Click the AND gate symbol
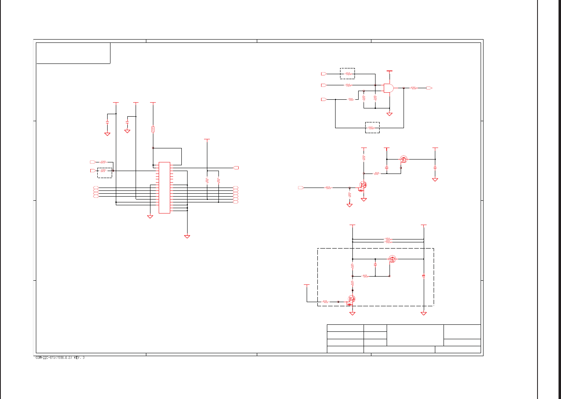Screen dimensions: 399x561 (388, 88)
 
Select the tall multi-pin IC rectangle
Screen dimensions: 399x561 (164, 188)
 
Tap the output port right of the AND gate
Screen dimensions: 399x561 (429, 88)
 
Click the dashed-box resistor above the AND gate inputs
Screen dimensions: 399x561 (347, 73)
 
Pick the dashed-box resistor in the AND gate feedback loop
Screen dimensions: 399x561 (372, 128)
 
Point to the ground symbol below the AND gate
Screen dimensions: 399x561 (389, 114)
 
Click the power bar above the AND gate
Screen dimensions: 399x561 (390, 71)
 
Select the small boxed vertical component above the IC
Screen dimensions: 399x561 (153, 129)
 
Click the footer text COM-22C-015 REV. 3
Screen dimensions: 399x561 (60, 358)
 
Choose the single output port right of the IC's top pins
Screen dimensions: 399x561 (236, 168)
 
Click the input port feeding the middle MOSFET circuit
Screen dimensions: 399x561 (301, 188)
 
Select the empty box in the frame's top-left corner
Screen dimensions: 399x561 (73, 53)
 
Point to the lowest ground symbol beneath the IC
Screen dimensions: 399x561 (187, 236)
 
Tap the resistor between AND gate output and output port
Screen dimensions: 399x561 (414, 88)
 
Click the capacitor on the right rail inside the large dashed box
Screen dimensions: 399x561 (423, 275)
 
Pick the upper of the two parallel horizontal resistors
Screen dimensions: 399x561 (387, 239)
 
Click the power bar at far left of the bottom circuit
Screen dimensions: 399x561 (307, 284)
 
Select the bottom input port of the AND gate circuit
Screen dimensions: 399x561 (324, 99)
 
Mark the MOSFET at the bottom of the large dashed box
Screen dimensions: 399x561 (352, 299)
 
